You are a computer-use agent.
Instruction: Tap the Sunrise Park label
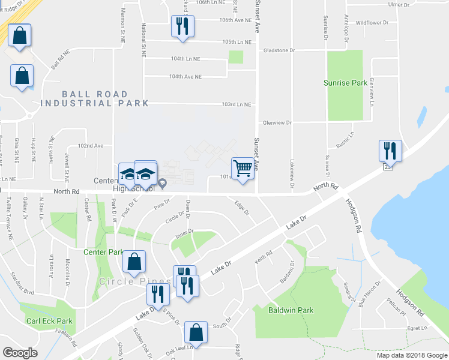pos(345,83)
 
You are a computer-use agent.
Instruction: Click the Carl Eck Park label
pos(49,321)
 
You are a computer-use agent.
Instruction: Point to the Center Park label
pos(103,252)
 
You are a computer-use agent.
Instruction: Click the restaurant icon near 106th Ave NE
pos(182,26)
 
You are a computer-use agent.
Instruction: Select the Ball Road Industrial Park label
pos(95,99)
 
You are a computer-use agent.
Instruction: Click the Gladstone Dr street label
pos(279,50)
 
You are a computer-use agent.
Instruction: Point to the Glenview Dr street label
pos(277,122)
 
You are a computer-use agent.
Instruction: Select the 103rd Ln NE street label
pos(236,104)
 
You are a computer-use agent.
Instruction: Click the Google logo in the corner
pos(20,353)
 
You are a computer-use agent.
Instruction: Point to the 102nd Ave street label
pos(91,146)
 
